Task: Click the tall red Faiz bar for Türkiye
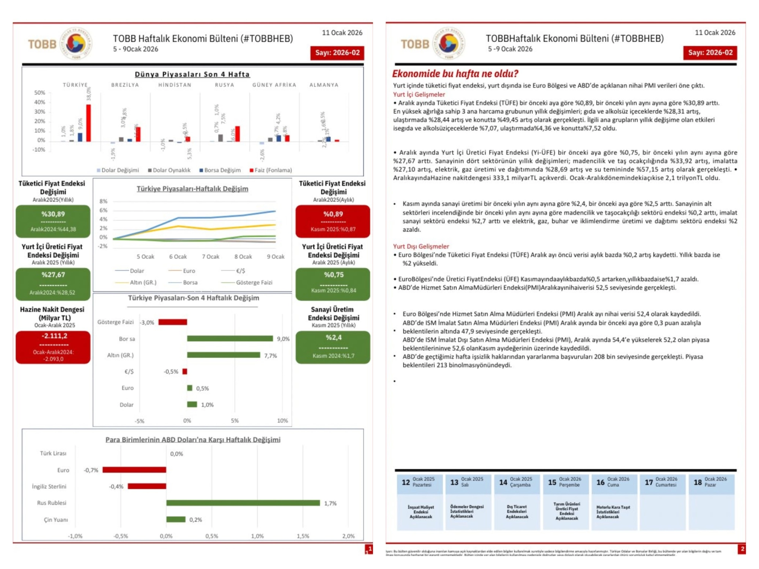point(88,123)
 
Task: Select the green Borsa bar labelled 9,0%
point(230,338)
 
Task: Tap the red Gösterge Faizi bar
point(173,322)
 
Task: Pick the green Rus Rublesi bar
point(243,503)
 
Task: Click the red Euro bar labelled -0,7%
point(134,470)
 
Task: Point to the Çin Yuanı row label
point(56,520)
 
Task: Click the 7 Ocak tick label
point(211,257)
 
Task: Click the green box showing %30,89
point(53,221)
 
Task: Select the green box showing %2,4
point(333,347)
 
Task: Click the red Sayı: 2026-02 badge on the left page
point(337,53)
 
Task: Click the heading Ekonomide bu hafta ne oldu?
point(455,74)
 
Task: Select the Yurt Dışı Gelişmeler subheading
point(421,246)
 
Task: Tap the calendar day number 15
point(552,482)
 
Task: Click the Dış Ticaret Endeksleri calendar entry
point(517,511)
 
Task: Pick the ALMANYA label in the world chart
point(324,85)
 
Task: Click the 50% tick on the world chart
point(39,93)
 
